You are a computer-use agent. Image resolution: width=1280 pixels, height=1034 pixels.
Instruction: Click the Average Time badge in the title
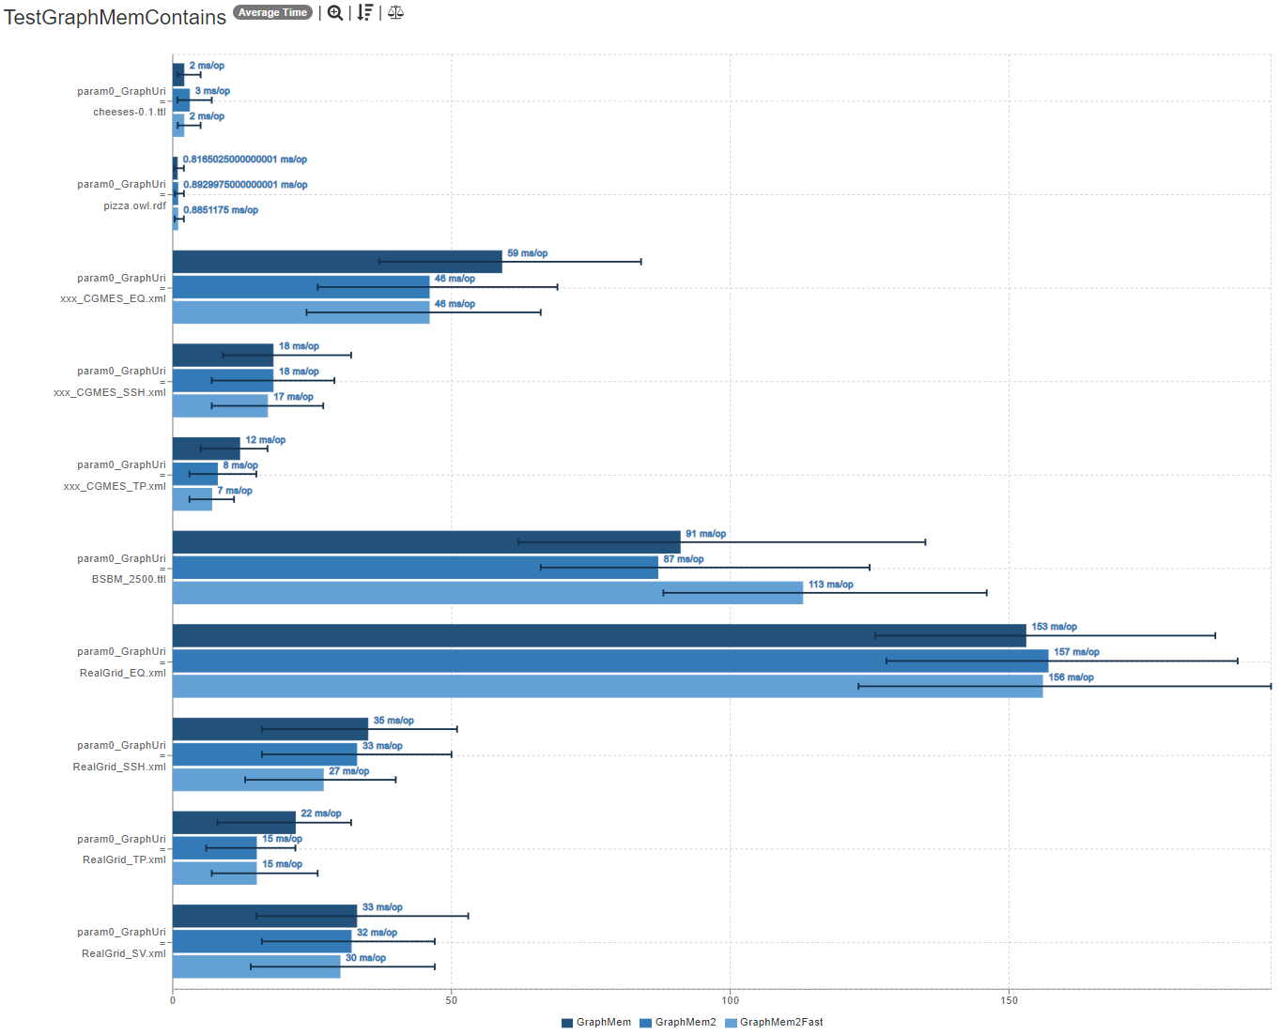[x=272, y=12]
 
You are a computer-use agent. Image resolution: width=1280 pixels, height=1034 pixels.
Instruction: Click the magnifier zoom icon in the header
[x=335, y=12]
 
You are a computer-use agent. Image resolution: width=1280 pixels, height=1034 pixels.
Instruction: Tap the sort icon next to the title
[x=365, y=12]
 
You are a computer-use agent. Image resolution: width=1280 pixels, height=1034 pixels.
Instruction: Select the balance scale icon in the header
[x=395, y=12]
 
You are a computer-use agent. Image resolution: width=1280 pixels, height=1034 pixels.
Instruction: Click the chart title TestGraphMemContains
[x=115, y=17]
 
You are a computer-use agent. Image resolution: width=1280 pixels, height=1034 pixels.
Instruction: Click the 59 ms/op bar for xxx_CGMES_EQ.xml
[x=337, y=262]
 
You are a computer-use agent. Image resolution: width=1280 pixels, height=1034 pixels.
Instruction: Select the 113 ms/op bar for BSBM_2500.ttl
[x=487, y=593]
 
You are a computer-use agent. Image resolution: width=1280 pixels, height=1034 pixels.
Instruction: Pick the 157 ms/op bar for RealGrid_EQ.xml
[x=610, y=661]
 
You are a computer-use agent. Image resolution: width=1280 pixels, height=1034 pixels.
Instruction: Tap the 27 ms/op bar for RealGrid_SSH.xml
[x=248, y=780]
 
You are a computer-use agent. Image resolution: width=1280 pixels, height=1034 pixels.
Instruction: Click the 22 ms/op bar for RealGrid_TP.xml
[x=234, y=823]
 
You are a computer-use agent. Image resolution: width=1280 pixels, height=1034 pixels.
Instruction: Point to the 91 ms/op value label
[x=705, y=534]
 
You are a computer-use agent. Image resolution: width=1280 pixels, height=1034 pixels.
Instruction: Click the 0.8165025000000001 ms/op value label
[x=245, y=160]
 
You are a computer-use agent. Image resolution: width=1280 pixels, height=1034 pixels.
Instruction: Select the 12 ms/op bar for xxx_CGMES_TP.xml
[x=207, y=449]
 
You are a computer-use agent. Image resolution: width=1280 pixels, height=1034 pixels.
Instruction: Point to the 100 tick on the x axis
[x=730, y=1000]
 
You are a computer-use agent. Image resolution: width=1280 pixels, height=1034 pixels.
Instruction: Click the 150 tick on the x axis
[x=1009, y=1000]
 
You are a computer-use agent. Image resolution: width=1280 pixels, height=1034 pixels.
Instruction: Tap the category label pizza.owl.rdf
[x=134, y=205]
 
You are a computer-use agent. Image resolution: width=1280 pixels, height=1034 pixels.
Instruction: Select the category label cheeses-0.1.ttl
[x=129, y=112]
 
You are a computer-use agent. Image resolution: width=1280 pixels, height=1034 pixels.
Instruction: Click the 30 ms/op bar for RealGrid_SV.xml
[x=256, y=966]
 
